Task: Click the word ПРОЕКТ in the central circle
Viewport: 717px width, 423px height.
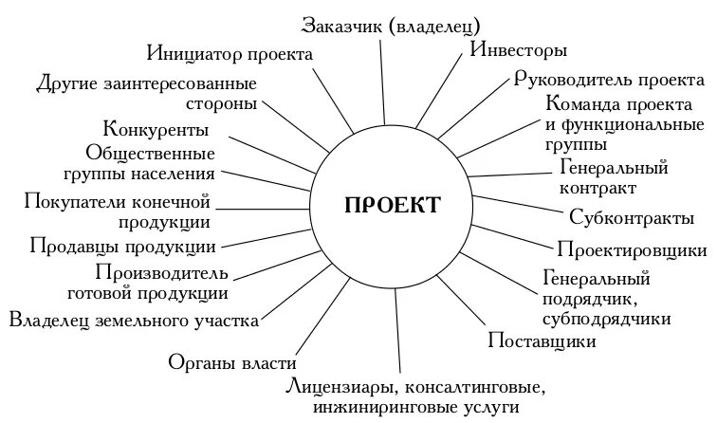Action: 393,204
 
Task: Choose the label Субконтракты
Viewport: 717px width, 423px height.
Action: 632,219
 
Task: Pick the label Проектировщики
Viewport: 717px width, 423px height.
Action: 631,250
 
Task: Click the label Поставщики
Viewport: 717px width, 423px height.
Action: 542,340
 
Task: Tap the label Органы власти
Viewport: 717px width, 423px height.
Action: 232,362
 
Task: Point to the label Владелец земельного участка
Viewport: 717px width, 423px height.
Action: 134,321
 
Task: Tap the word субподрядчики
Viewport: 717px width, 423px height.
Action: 608,318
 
